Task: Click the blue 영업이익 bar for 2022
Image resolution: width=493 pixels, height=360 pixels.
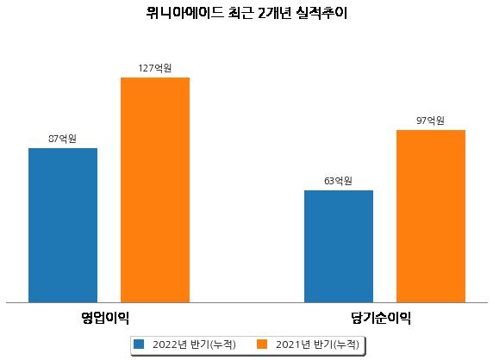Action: click(63, 226)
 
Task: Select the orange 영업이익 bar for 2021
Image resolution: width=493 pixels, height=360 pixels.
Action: click(155, 190)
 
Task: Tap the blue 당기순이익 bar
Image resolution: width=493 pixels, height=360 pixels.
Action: click(339, 246)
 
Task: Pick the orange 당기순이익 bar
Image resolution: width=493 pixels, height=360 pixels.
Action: click(431, 216)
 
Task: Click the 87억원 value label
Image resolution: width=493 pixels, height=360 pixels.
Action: click(63, 139)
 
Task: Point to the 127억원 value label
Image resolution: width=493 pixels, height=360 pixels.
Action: click(155, 68)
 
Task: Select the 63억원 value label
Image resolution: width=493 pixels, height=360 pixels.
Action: click(339, 181)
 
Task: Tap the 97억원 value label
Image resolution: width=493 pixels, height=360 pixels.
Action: click(430, 121)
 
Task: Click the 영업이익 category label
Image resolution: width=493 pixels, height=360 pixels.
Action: click(105, 318)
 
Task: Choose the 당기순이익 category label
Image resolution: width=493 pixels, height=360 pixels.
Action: click(381, 318)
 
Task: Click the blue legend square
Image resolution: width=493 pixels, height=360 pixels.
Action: click(139, 344)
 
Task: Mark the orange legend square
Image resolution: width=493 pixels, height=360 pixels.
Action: click(262, 344)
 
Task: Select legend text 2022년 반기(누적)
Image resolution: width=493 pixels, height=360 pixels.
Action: click(194, 344)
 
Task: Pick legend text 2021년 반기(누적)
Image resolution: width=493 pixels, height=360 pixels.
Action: click(317, 344)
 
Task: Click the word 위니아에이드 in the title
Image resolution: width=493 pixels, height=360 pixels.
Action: click(184, 13)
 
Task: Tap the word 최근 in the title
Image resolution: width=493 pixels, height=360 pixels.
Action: click(240, 13)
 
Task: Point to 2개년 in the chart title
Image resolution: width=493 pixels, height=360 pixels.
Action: click(274, 13)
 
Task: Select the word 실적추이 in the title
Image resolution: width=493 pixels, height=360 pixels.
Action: click(321, 13)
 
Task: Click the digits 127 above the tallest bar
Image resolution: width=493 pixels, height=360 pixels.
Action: click(147, 68)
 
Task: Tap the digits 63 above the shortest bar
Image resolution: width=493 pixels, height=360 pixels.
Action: click(329, 181)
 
